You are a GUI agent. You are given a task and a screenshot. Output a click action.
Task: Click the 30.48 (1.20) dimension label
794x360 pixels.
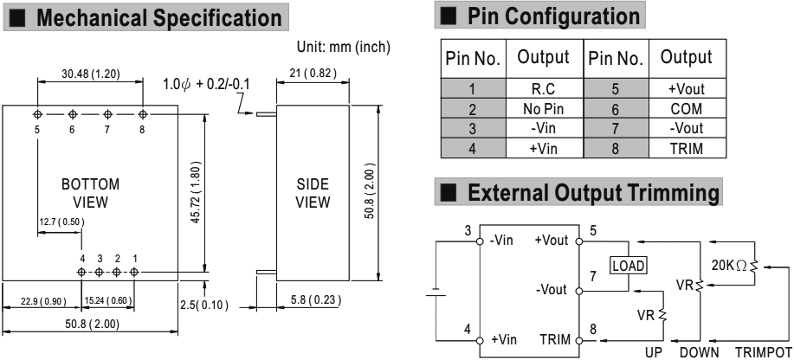pyautogui.click(x=90, y=74)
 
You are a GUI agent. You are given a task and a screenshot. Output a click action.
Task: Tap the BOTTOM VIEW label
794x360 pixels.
pyautogui.click(x=90, y=193)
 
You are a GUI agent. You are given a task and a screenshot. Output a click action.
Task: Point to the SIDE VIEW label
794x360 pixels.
pyautogui.click(x=313, y=193)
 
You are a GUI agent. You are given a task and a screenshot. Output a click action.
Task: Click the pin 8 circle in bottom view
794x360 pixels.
pyautogui.click(x=143, y=114)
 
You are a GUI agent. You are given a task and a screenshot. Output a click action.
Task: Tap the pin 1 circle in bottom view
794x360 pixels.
pyautogui.click(x=135, y=272)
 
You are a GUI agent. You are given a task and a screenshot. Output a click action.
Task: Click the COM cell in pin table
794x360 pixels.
pyautogui.click(x=686, y=109)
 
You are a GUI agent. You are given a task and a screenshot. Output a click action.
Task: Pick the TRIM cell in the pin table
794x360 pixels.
pyautogui.click(x=686, y=149)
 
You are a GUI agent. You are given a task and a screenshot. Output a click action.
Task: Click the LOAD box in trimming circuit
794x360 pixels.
pyautogui.click(x=629, y=266)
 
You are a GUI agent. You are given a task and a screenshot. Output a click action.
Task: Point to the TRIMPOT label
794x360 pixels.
pyautogui.click(x=762, y=353)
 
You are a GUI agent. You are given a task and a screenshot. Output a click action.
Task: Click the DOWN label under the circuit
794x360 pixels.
pyautogui.click(x=700, y=353)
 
